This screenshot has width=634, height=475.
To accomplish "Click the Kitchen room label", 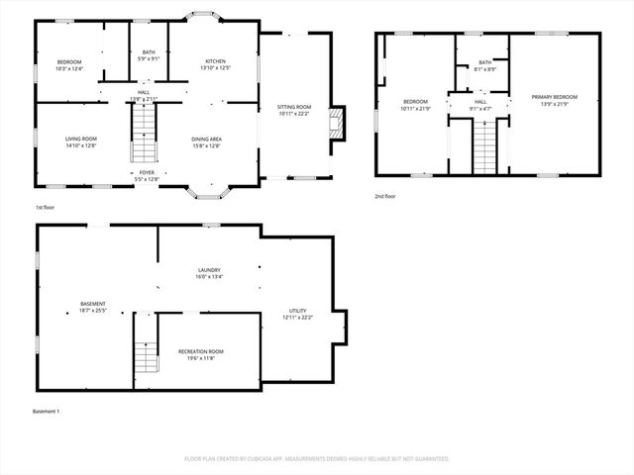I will pos(215,64).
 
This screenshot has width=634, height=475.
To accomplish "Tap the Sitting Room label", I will pos(293,110).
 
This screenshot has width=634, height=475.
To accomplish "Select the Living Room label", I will pos(80,142).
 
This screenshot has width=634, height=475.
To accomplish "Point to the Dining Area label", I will pos(206,142).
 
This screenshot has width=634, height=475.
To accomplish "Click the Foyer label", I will pos(146,175).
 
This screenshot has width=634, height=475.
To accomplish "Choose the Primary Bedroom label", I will pos(554,100).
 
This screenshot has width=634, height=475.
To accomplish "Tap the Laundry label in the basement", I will pos(208,273).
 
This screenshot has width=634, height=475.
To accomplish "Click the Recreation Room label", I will pos(200,354).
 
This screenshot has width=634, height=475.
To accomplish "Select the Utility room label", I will pos(298,314).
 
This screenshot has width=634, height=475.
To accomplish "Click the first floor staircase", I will pos(145,136).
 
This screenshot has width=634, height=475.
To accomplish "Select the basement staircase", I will pos(146,352).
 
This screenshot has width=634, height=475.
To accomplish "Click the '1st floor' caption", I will pos(45,208).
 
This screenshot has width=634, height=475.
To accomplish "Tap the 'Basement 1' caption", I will pos(47,411).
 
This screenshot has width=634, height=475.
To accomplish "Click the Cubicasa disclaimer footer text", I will pos(317,458).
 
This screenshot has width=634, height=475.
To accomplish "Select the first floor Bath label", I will pos(149,55).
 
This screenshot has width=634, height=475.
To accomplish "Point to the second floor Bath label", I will pos(484,66).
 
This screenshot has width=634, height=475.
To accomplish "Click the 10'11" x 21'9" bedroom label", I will pos(415,105).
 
